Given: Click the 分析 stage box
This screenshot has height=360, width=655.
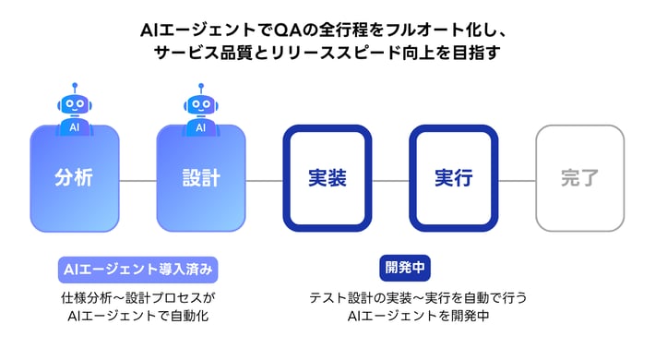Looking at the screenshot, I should (74, 178).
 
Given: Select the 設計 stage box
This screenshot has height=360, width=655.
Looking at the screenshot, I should (200, 178).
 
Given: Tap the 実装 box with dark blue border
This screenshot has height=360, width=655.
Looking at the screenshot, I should (327, 178).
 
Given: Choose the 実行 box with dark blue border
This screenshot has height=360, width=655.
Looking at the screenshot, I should (453, 178).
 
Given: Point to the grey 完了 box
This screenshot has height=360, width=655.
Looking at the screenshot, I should (579, 178).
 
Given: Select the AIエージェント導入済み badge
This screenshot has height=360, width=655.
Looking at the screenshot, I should (138, 269).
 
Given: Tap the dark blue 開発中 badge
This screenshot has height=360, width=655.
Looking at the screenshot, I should (406, 269).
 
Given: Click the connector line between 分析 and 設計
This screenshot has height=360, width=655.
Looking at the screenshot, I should (137, 180).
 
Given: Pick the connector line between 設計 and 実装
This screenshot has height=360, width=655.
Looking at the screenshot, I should (264, 180).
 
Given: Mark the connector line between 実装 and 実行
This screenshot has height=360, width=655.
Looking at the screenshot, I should (390, 180).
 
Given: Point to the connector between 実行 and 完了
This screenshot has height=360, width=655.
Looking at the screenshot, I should (517, 180).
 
